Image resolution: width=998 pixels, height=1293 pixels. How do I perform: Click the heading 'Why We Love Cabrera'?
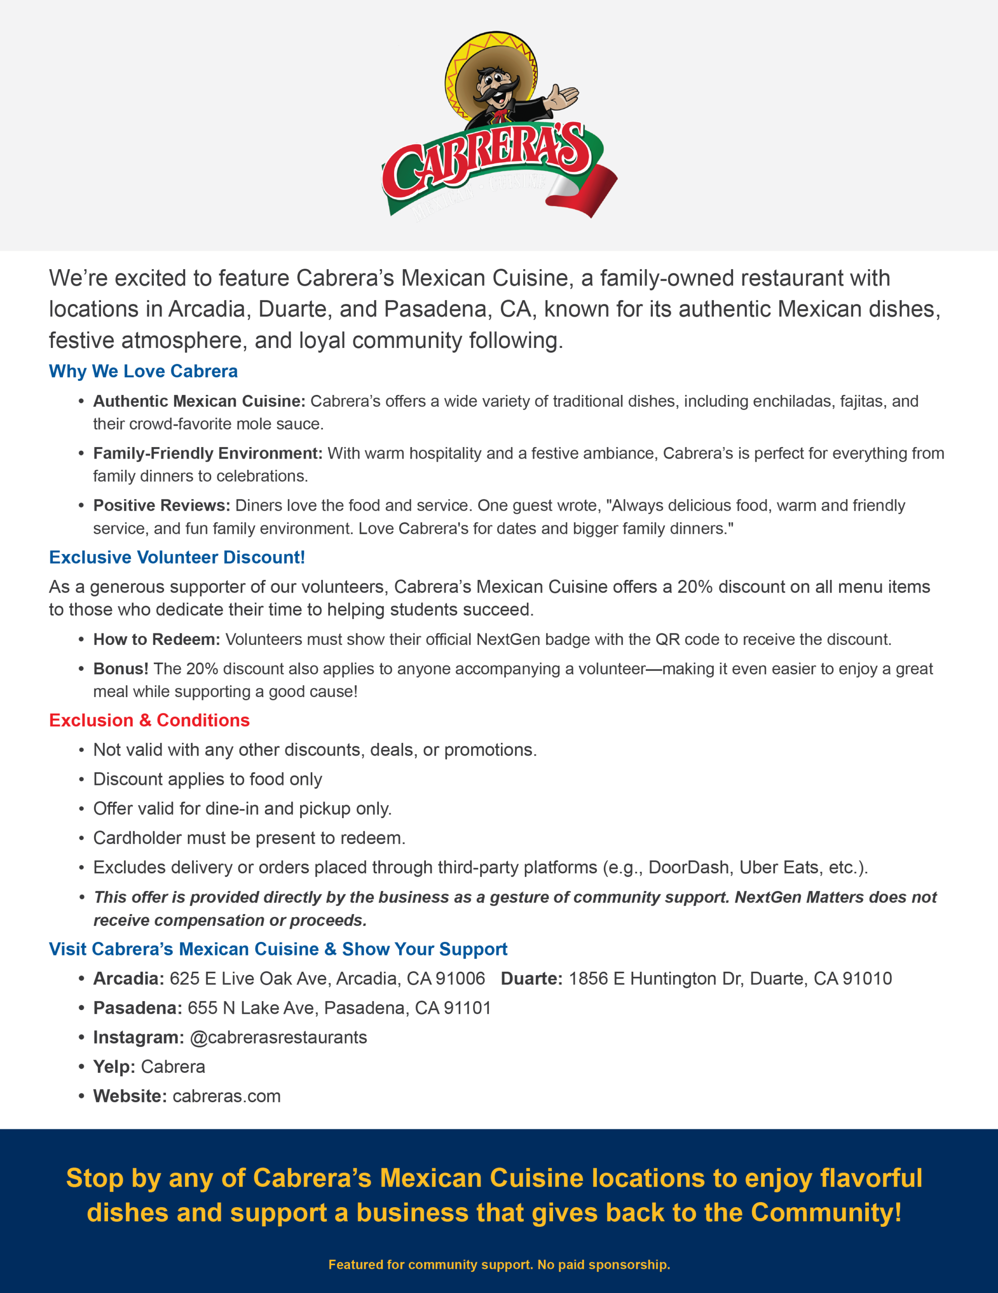click(x=143, y=371)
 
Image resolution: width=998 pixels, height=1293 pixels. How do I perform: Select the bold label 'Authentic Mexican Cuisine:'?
click(x=199, y=402)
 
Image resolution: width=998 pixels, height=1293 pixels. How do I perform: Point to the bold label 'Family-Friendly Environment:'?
click(x=208, y=454)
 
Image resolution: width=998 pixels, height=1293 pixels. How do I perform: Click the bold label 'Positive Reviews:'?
click(x=161, y=506)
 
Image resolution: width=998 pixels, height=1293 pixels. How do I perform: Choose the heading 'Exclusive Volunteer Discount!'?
click(x=177, y=557)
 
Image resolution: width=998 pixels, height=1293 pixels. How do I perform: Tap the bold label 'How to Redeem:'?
click(x=157, y=639)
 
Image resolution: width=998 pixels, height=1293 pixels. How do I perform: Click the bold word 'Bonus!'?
click(x=121, y=669)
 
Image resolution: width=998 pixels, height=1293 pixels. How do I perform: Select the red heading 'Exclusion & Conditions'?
click(x=149, y=721)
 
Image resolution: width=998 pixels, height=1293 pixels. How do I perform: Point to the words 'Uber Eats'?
click(x=779, y=867)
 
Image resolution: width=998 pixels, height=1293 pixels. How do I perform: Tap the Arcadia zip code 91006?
click(x=460, y=979)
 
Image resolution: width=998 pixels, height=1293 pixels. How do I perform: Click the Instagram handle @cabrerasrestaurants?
click(x=278, y=1037)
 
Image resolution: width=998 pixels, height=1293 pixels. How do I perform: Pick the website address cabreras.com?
click(x=227, y=1096)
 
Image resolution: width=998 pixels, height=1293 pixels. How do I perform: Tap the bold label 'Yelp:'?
click(x=114, y=1067)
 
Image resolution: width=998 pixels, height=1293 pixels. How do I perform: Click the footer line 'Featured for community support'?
click(x=498, y=1265)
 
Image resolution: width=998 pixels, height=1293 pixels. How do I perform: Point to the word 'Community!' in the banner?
click(x=826, y=1213)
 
